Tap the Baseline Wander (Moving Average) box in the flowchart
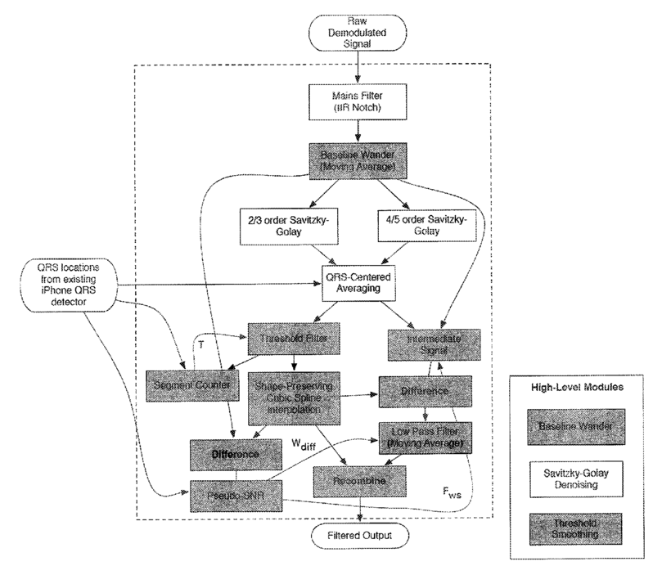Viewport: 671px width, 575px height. click(357, 161)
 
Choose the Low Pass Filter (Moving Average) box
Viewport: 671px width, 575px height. click(427, 435)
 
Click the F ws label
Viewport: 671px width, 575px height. click(446, 493)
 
